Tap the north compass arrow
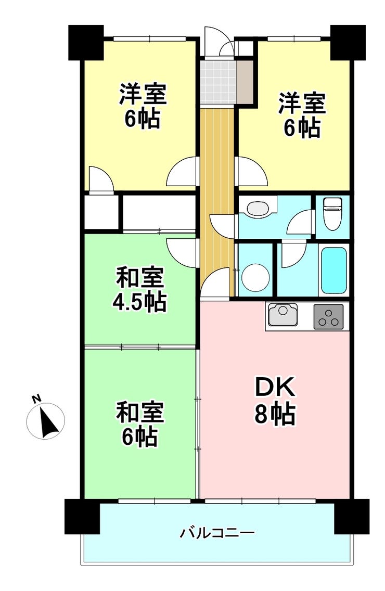coord(48,421)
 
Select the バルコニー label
coord(217,533)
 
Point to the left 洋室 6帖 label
coord(143,106)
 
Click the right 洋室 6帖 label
coord(302,115)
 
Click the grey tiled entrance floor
coord(217,81)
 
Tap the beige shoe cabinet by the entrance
coord(245,81)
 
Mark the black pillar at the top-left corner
coord(86,42)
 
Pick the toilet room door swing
coord(301,223)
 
